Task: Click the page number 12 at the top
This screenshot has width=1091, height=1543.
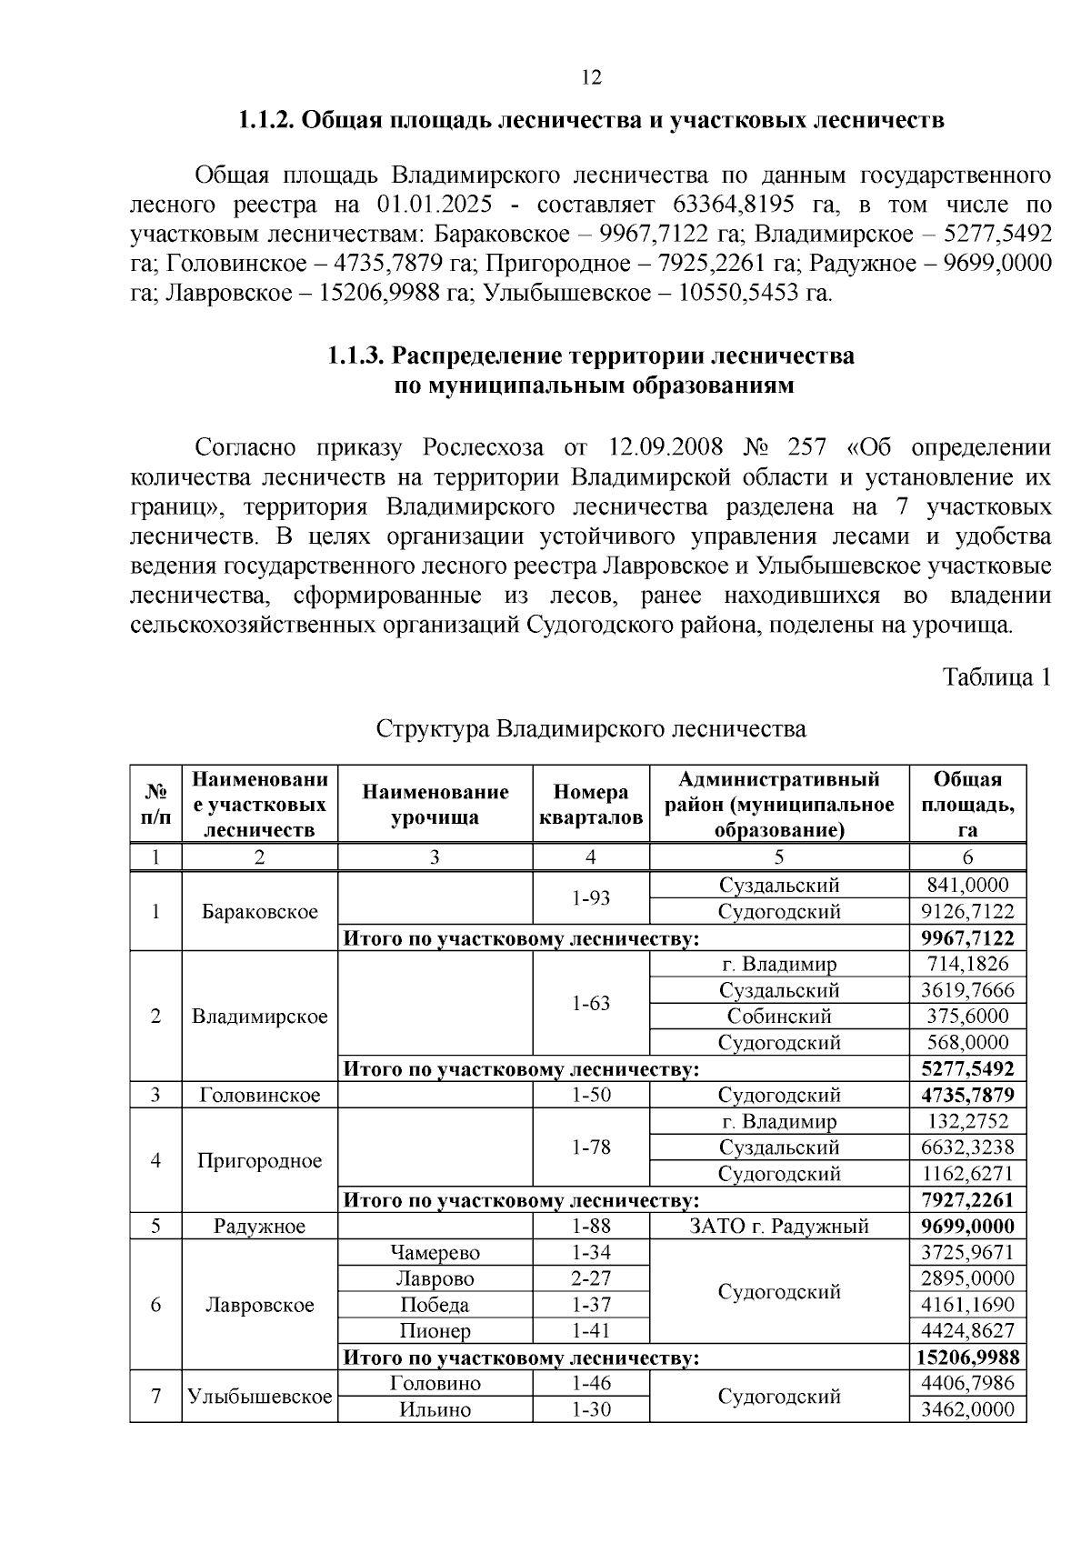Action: click(591, 77)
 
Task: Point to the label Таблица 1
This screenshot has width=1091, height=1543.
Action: click(996, 677)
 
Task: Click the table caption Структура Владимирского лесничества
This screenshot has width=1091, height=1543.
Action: click(591, 729)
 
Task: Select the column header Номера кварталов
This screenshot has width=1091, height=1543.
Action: click(591, 805)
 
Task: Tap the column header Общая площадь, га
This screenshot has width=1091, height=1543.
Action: click(967, 805)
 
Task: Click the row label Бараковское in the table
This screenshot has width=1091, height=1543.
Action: click(260, 912)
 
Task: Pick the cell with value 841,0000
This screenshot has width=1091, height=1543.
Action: click(967, 886)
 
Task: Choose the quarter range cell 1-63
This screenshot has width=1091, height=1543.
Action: click(591, 1004)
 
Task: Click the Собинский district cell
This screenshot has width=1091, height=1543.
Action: click(779, 1017)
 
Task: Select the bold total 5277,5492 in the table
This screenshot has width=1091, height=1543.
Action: click(967, 1069)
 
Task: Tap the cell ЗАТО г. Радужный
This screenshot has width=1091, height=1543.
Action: click(779, 1227)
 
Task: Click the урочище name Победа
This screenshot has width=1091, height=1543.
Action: click(435, 1306)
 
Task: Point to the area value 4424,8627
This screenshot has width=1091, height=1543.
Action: click(967, 1332)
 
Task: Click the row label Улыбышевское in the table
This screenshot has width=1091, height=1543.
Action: click(260, 1397)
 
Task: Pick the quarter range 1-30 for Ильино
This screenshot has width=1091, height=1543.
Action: click(591, 1410)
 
